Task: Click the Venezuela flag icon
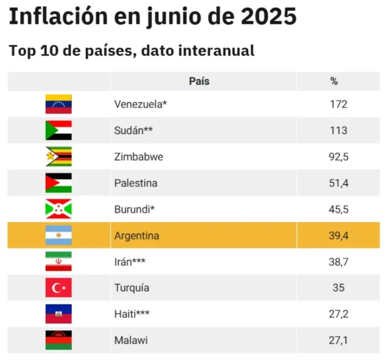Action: point(59,104)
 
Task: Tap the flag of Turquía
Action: point(59,288)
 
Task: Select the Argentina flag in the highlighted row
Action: point(59,235)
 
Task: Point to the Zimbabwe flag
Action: point(59,157)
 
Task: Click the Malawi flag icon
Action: point(59,341)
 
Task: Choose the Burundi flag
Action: point(59,209)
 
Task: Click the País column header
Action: point(199,81)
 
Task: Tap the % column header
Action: point(334,81)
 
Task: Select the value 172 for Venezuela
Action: point(338,104)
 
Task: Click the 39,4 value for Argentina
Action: point(339,235)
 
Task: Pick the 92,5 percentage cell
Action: point(339,157)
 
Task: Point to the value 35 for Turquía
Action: point(338,288)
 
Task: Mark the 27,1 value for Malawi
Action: point(339,341)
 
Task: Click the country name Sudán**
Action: point(133,131)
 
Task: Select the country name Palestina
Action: point(135,183)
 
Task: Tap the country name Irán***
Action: point(131,262)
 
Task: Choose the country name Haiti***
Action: point(132,314)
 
